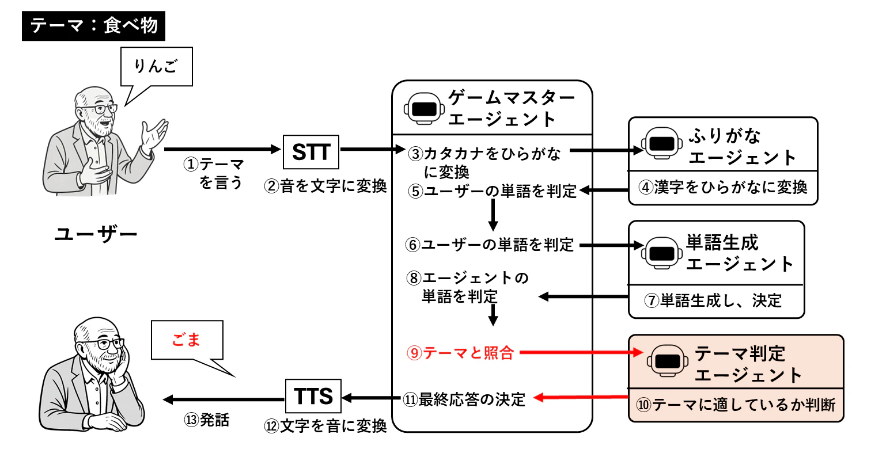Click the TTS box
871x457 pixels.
[x=313, y=397]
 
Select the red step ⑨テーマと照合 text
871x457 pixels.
[x=459, y=353]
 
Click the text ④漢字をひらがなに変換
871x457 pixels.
[x=722, y=188]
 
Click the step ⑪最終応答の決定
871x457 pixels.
[x=464, y=399]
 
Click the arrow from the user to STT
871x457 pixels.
[x=221, y=150]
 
